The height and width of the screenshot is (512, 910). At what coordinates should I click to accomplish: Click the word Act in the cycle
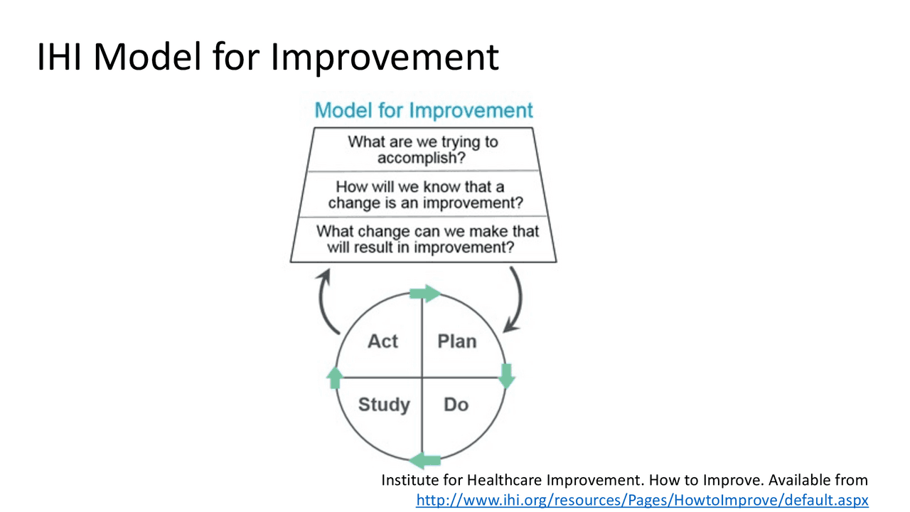382,341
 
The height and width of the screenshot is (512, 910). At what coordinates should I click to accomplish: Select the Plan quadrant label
457,341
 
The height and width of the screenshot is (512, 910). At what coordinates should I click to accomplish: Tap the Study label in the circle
385,405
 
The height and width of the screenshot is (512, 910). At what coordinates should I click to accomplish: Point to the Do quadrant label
456,405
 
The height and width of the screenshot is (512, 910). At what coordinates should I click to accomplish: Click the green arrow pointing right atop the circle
425,294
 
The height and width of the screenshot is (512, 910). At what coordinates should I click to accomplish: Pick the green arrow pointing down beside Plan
507,376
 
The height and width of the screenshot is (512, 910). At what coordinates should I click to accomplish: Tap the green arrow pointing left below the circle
425,461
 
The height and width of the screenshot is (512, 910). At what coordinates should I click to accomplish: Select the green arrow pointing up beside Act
335,378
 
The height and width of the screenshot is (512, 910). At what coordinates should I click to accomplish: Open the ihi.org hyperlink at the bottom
642,500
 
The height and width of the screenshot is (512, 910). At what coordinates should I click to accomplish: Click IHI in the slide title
59,57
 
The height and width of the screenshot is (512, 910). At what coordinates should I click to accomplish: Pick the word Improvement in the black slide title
385,58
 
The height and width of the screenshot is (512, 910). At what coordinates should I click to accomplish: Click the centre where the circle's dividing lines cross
422,378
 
